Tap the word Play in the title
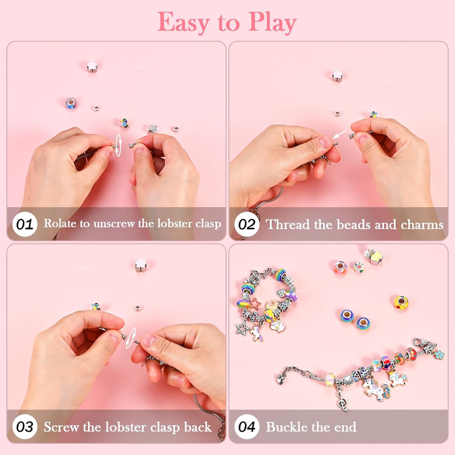point(272,23)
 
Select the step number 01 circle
point(24,224)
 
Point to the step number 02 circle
point(247,224)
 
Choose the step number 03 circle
point(24,427)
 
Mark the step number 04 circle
point(247,427)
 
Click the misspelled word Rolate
point(60,224)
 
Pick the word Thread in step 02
point(288,225)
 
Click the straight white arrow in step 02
point(340,134)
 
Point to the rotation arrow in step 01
point(118,146)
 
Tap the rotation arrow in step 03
point(131,338)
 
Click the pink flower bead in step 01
point(92,67)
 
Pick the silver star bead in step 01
point(153,129)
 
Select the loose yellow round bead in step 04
point(402,303)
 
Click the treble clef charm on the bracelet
point(343,400)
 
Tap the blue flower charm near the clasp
point(439,354)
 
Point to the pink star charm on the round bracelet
point(255,304)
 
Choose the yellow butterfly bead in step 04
point(377,258)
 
